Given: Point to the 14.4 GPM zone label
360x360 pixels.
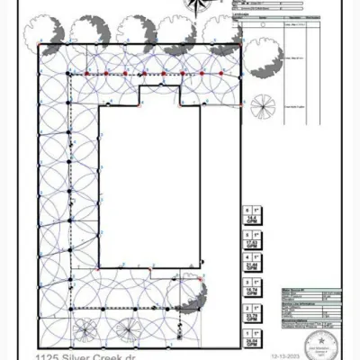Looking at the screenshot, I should coord(253,217).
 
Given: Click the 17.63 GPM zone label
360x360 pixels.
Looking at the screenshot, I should coord(253,241).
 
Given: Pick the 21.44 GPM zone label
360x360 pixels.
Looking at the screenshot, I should coord(253,265).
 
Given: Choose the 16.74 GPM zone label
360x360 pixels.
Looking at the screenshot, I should coord(253,291).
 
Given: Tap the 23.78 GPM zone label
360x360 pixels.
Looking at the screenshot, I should coord(253,316).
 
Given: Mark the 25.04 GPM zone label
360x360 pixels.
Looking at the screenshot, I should coord(253,341).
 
